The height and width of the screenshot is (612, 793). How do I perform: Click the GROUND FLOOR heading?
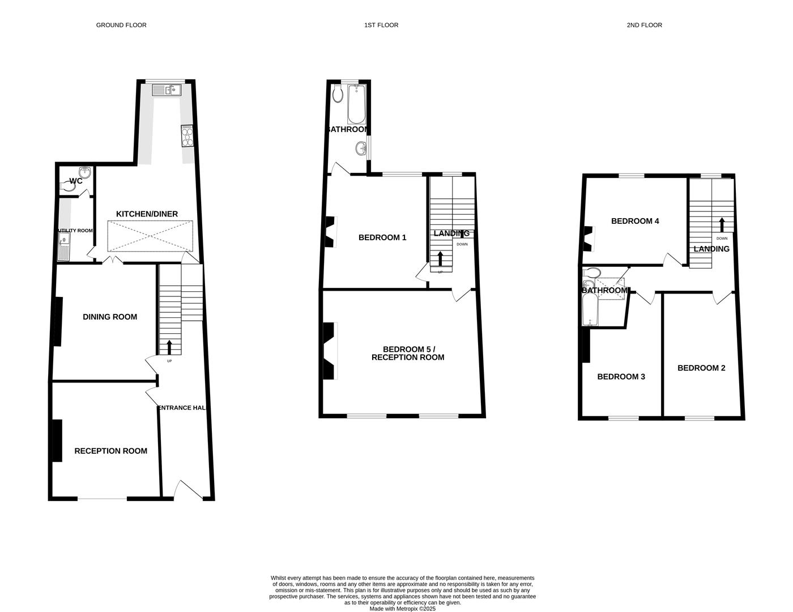pos(121,25)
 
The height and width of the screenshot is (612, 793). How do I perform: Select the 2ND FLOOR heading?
pos(644,25)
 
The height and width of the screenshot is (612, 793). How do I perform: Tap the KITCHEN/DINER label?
pos(147,214)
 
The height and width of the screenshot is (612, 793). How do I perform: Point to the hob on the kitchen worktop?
pos(187,135)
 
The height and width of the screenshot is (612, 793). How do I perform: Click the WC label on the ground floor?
pos(76,181)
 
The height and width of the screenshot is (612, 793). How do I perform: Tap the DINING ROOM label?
pos(110,317)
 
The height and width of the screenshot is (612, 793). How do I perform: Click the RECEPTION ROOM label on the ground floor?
pos(111,451)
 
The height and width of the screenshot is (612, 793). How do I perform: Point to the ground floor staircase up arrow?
pos(169,347)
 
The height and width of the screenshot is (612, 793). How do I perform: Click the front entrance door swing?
pos(189,490)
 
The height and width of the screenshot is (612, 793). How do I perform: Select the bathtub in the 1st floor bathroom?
pos(356,104)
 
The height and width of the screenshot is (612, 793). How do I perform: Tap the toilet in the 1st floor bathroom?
pos(338,94)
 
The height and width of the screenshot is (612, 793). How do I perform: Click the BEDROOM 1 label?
pos(382,237)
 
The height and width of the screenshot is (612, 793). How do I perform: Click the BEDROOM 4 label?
pos(635,221)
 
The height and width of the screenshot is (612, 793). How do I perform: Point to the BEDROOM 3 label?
pos(621,377)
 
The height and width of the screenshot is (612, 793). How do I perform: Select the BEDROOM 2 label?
pos(701,368)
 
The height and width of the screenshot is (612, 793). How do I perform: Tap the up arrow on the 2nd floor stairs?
pos(722,224)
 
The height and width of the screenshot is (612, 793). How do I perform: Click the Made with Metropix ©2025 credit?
pos(403,609)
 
